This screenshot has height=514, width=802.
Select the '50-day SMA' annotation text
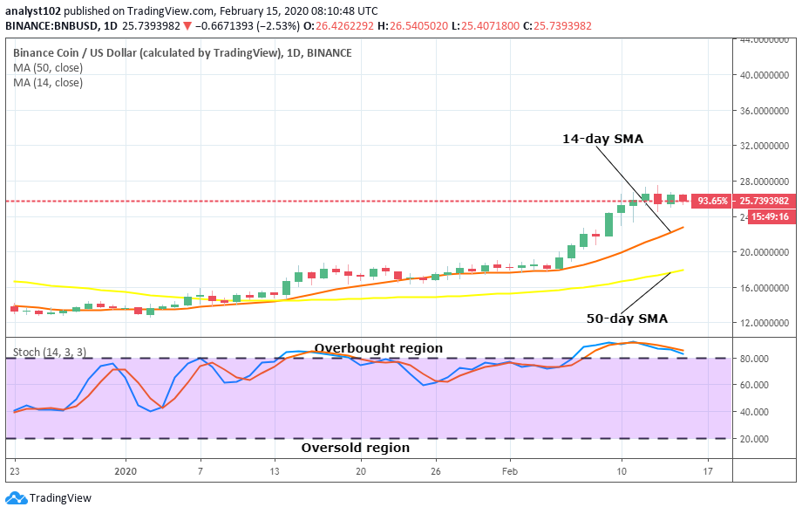click(627, 319)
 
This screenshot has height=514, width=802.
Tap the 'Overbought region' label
click(378, 348)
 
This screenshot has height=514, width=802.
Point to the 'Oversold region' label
click(355, 448)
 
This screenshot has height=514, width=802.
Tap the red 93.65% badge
click(713, 201)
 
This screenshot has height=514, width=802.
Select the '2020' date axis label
click(126, 471)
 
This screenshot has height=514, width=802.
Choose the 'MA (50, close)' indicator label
click(48, 68)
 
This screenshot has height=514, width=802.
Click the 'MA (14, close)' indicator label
click(48, 83)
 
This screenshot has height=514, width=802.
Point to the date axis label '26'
click(435, 471)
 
